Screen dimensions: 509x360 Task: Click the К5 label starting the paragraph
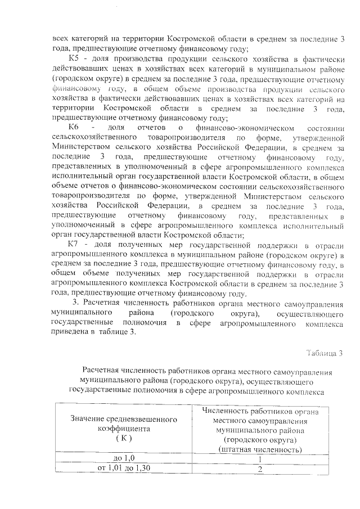tap(74, 60)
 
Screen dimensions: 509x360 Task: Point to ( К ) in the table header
tap(121, 438)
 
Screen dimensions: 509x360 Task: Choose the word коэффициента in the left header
tap(121, 428)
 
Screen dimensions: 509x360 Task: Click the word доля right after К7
tap(101, 245)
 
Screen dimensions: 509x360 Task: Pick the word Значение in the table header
tap(88, 418)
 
